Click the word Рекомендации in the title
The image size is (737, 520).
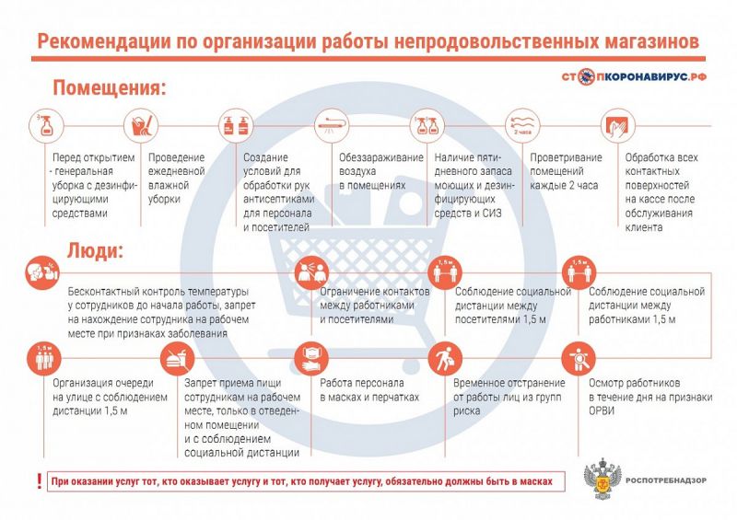[104, 41]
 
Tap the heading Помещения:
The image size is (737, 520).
[110, 87]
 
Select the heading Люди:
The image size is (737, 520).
[96, 250]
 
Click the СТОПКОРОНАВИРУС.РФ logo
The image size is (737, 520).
[634, 76]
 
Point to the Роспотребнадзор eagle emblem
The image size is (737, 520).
[602, 480]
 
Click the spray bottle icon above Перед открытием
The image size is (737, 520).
[46, 125]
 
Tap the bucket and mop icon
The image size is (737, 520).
[141, 125]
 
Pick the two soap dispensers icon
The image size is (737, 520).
[237, 125]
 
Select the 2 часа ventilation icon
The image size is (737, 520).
[522, 125]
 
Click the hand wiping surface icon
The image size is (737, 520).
[617, 125]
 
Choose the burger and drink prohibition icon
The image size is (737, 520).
[177, 359]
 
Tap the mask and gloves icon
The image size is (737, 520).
[311, 359]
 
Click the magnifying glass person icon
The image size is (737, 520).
[579, 359]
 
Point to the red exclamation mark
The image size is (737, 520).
[40, 481]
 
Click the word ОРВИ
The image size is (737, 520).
[602, 411]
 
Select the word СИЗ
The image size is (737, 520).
[491, 214]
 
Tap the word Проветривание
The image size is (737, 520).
[566, 157]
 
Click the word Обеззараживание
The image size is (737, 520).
[381, 157]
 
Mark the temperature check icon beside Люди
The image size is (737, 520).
[42, 272]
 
